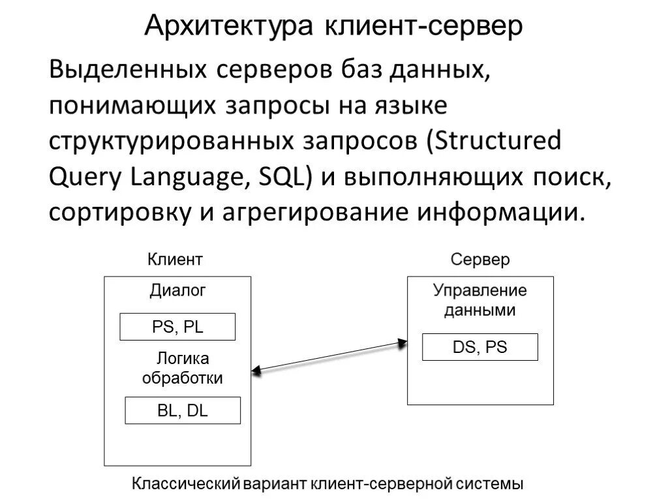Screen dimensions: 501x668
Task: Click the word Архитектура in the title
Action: coord(229,26)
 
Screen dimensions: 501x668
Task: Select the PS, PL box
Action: coord(177,327)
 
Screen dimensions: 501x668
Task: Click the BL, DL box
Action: coord(183,410)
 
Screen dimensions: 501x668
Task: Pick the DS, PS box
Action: coord(480,347)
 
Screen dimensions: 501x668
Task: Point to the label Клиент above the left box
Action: coord(175,260)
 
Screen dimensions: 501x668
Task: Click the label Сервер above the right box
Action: coord(480,260)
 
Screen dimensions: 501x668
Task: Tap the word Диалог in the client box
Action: coord(177,291)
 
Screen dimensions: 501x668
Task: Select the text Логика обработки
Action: coord(183,369)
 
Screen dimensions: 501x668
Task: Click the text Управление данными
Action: coord(480,301)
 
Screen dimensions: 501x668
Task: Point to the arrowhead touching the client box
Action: coord(257,370)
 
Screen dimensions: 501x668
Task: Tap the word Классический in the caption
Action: coord(187,484)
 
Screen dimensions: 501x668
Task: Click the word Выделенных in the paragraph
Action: coord(123,69)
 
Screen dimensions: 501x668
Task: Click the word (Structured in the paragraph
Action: coord(494,141)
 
